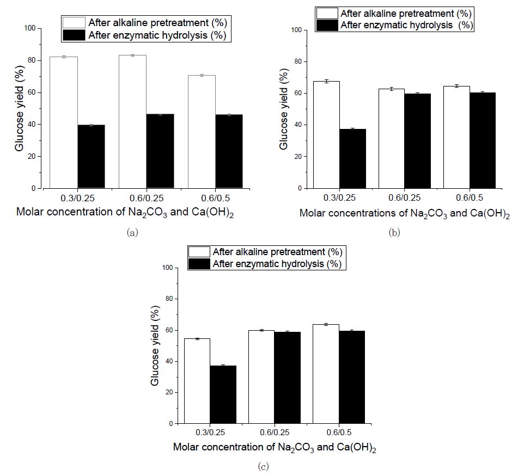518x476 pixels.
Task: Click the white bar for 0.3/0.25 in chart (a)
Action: tap(64, 122)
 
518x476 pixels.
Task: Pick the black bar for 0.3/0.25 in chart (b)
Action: tap(353, 158)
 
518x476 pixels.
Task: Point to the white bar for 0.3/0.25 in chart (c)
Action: tap(197, 381)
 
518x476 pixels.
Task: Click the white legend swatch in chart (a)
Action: tap(74, 23)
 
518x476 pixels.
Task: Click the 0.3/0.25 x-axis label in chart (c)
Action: tap(210, 434)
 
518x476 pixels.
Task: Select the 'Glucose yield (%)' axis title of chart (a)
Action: tap(20, 108)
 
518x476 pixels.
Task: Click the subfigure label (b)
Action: tap(395, 232)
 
